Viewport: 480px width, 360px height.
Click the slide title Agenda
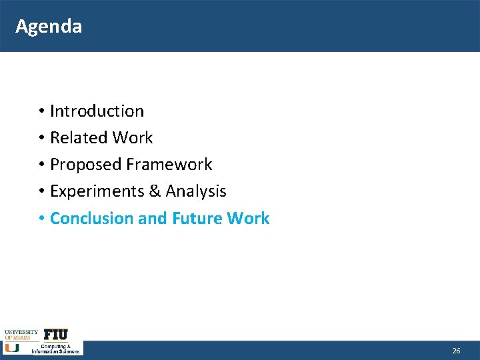49,26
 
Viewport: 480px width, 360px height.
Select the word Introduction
97,111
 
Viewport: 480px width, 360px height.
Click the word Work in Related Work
133,137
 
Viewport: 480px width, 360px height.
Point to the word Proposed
85,164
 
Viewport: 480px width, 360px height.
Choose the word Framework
169,164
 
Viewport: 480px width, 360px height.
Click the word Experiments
93,191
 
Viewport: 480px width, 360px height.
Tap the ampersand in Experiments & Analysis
155,191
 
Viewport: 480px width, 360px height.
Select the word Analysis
196,191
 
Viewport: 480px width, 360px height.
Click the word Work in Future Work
248,218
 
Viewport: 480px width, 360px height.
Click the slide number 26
456,351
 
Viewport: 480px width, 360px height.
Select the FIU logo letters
56,334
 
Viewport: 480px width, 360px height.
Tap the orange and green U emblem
12,347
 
